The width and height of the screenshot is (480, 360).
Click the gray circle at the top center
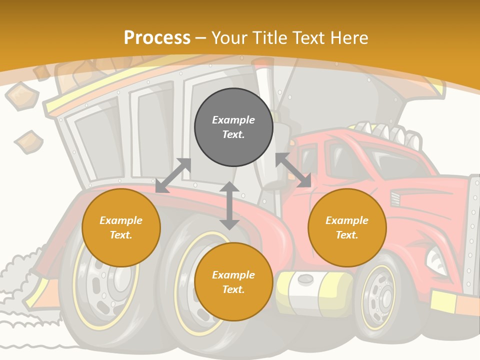[233, 127]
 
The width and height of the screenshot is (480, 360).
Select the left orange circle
[121, 228]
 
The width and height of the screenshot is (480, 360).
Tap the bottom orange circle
[233, 282]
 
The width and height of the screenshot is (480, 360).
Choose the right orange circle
[347, 228]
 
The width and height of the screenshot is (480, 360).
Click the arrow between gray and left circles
[173, 175]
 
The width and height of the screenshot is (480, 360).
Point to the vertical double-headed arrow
[229, 205]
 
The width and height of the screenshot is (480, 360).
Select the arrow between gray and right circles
[293, 170]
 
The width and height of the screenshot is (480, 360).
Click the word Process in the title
[157, 38]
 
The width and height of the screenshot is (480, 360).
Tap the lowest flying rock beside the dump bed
[28, 142]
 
